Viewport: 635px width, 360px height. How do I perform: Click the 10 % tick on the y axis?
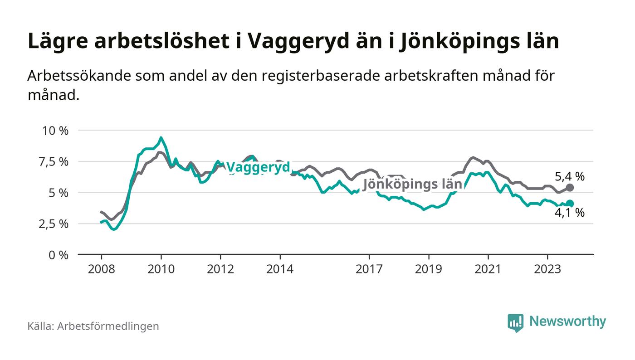click(55, 131)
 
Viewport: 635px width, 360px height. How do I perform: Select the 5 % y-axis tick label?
click(58, 193)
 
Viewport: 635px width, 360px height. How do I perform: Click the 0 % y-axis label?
click(58, 255)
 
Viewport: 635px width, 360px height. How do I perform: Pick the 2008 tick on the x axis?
click(101, 269)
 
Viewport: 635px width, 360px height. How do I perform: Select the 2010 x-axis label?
click(161, 269)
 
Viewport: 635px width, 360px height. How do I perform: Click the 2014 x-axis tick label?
click(280, 269)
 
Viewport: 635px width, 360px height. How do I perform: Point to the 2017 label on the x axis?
click(369, 269)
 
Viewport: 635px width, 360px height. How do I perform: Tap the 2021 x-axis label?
click(488, 269)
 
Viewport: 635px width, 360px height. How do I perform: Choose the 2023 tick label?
click(547, 269)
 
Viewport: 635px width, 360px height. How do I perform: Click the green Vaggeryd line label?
click(258, 167)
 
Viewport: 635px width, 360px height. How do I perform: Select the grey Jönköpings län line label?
click(412, 184)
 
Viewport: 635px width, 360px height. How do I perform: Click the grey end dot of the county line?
click(570, 188)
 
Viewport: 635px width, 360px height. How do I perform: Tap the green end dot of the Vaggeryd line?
click(570, 204)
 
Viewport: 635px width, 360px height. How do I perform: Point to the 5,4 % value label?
click(570, 176)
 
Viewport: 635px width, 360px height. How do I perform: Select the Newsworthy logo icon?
click(515, 322)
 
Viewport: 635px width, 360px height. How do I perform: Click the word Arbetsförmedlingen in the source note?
click(108, 326)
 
